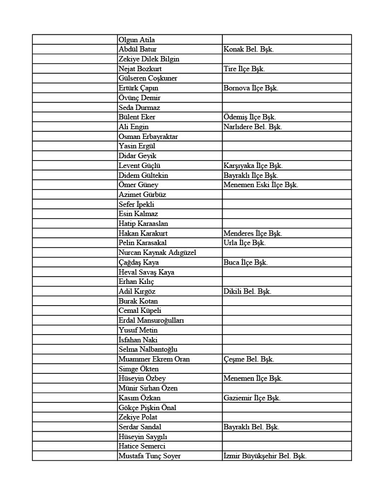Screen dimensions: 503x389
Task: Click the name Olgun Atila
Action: click(137, 40)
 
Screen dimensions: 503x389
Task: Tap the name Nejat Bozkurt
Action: click(140, 69)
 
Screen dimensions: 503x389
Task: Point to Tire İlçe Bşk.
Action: click(244, 69)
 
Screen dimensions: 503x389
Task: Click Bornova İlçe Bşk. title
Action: click(251, 88)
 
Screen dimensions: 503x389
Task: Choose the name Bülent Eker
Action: click(137, 117)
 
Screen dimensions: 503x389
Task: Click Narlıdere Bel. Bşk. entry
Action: click(252, 127)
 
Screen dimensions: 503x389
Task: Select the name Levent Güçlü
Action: click(140, 166)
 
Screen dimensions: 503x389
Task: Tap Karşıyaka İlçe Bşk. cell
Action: click(253, 166)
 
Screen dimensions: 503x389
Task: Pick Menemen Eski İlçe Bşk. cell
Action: click(261, 185)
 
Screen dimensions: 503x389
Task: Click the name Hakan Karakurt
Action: click(143, 234)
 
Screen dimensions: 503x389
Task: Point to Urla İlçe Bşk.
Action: click(244, 243)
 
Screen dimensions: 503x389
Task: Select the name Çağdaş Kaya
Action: click(139, 263)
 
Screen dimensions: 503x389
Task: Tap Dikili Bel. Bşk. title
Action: click(247, 292)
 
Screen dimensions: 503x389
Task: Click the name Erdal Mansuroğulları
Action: click(151, 321)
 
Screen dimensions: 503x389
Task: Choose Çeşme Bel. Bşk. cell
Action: click(249, 360)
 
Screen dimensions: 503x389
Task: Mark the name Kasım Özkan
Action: click(140, 398)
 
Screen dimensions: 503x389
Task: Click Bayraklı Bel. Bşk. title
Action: click(251, 427)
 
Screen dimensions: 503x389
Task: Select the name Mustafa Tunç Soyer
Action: click(150, 456)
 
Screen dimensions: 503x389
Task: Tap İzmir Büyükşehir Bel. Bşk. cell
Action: click(265, 456)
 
